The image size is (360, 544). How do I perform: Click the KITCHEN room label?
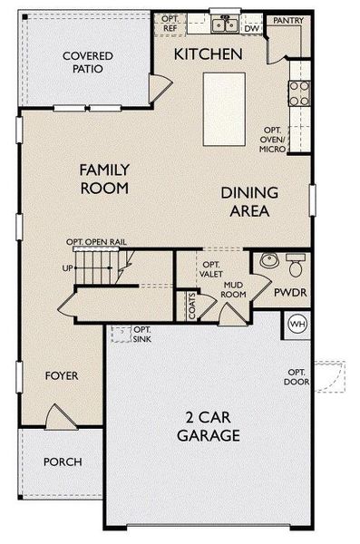[x=209, y=54]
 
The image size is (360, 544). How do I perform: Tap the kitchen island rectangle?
[x=224, y=108]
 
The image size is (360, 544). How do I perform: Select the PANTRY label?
[x=287, y=19]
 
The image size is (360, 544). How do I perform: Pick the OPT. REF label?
[x=170, y=24]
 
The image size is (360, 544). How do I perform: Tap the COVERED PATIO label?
[x=88, y=62]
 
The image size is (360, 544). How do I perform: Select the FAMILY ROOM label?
[x=103, y=179]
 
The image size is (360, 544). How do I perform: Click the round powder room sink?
[x=268, y=262]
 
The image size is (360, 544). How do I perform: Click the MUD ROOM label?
[x=236, y=289]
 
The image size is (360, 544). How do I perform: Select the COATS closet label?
[x=192, y=306]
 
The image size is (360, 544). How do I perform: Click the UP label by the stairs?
[x=67, y=269]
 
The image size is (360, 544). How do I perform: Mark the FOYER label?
[x=62, y=375]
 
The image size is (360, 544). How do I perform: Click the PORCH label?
[x=63, y=462]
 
